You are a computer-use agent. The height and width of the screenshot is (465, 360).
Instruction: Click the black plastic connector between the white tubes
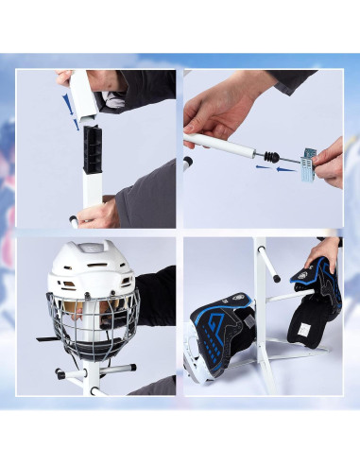(x=92, y=151)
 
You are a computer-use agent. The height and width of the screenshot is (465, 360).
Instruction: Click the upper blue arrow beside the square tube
(x=65, y=99)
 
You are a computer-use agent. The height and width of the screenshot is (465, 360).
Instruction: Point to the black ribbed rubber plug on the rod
(x=271, y=154)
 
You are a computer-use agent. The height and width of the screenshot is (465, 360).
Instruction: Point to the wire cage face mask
(x=93, y=321)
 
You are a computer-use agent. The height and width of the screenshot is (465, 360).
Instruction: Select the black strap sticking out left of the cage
(x=48, y=337)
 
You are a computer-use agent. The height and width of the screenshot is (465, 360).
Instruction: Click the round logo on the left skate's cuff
(x=240, y=300)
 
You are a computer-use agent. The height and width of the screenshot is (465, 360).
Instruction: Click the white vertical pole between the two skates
(x=260, y=312)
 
